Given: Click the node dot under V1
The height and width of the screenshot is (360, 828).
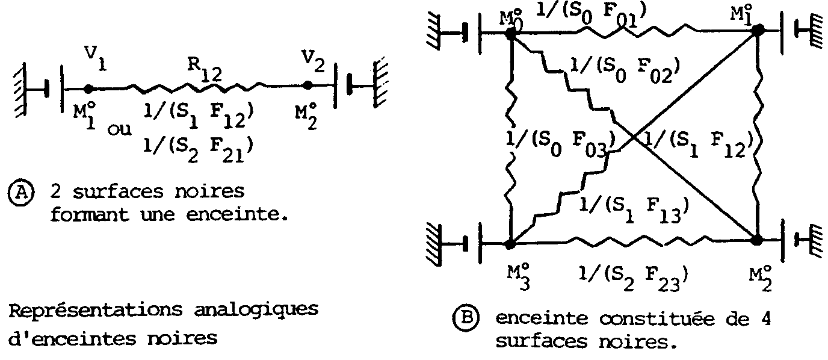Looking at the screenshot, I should (x=88, y=88).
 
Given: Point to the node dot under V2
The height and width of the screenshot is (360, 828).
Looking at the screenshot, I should (x=308, y=85).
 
